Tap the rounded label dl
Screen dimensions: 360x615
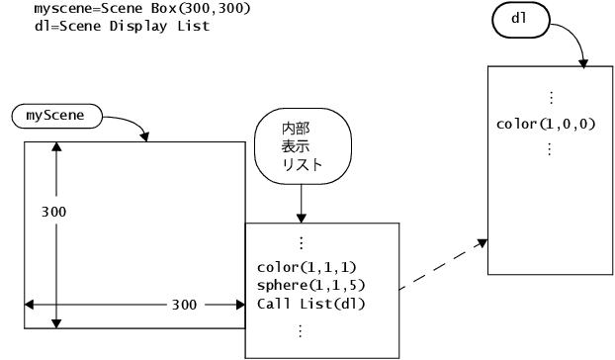[517, 19]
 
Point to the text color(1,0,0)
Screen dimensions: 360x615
[549, 125]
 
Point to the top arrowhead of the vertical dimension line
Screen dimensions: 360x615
[56, 147]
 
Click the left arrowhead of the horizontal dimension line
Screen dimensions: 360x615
[32, 304]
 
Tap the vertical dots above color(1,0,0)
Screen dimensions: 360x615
[551, 99]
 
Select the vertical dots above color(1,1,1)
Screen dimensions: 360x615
[301, 241]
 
